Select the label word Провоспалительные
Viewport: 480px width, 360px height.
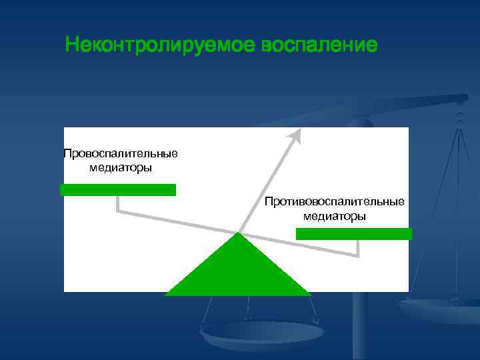121,154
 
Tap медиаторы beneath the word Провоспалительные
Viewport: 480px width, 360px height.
121,167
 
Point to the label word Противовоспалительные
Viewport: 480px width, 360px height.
334,201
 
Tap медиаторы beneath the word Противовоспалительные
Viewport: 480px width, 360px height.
334,216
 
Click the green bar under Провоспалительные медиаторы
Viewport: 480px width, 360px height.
118,190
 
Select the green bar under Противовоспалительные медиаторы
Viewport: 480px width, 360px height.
353,234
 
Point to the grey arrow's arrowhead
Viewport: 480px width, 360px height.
295,135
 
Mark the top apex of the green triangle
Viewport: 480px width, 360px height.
239,233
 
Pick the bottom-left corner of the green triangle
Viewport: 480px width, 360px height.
167,294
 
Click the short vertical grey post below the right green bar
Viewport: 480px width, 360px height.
359,248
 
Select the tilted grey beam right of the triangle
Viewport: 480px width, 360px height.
300,245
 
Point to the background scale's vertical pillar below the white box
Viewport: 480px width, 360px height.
360,327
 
